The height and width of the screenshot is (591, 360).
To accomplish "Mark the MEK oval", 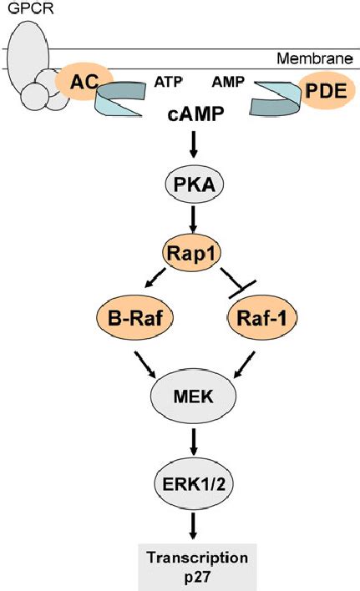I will coord(193,393).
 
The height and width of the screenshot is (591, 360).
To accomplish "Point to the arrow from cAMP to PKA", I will coord(193,148).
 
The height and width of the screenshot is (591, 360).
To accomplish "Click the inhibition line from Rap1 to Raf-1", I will coord(233,281).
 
